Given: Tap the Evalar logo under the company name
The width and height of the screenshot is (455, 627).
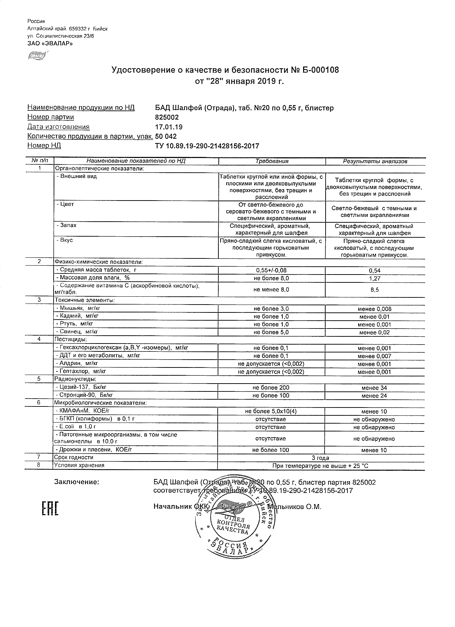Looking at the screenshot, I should (x=37, y=55).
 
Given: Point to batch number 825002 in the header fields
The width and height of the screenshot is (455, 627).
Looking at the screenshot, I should (x=167, y=117).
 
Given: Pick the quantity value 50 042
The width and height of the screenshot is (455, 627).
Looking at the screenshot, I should (x=166, y=137).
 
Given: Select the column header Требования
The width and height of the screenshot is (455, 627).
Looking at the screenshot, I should (x=272, y=161).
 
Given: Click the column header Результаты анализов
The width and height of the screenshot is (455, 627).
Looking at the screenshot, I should (x=375, y=161).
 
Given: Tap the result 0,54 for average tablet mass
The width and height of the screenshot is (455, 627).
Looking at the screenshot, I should (x=375, y=271).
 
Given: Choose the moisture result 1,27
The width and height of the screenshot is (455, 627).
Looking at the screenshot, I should (x=375, y=278).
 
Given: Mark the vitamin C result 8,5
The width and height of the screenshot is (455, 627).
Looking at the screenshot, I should (x=375, y=290).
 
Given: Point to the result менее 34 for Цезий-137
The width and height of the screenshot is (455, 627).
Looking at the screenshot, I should (x=374, y=388).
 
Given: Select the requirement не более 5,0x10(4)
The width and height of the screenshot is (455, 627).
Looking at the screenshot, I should (x=271, y=411).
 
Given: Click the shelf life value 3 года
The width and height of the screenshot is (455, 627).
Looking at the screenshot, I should (x=321, y=458).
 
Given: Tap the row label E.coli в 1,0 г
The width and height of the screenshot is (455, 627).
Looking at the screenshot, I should (x=76, y=427).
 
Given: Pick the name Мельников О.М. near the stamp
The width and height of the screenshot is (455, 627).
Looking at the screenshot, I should (x=295, y=507).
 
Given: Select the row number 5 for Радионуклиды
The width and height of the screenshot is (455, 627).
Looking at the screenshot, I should (x=39, y=379).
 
